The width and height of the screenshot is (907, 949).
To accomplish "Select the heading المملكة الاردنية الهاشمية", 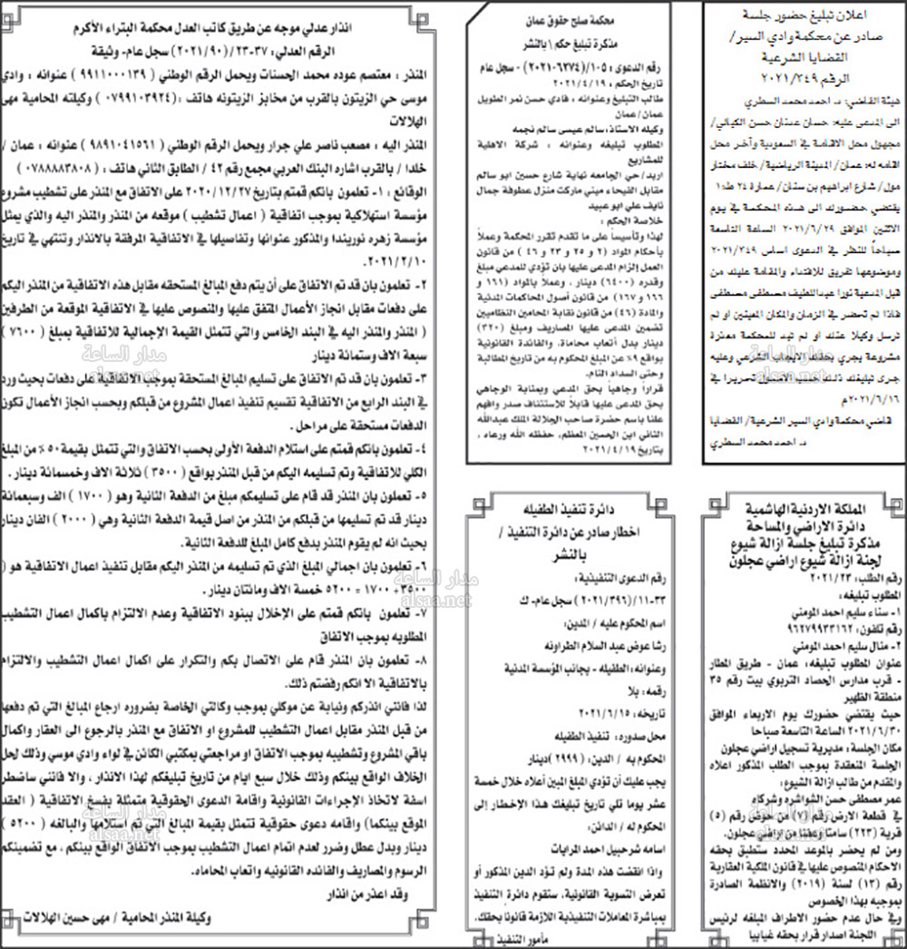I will click(799, 504).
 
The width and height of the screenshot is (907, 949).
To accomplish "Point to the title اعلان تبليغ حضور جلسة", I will click(799, 16).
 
